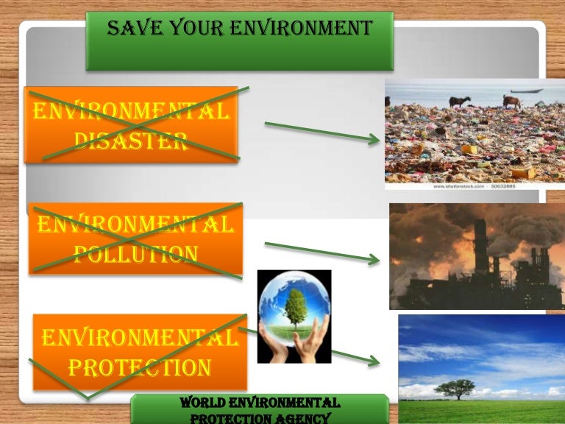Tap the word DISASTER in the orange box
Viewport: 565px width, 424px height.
point(130,140)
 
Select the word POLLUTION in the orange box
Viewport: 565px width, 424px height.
point(136,254)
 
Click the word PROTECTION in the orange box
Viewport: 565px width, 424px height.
point(140,366)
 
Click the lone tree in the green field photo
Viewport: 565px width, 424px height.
point(455,387)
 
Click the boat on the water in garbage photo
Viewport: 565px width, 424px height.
point(527,91)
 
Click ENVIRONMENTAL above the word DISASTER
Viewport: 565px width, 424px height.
point(130,113)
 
